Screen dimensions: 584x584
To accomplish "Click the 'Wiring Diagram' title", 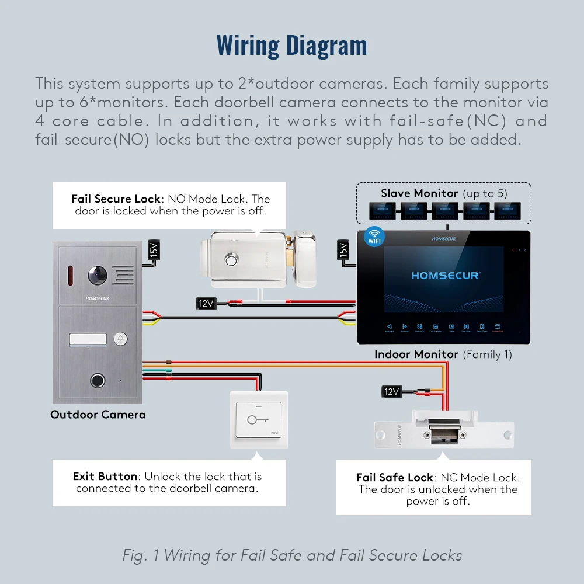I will (291, 45).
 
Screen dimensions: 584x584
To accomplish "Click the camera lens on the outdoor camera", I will (97, 274).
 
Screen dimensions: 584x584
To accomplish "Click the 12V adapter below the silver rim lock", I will (206, 303).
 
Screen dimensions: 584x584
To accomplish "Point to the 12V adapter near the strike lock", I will (391, 391).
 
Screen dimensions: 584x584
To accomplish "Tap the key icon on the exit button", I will (258, 419).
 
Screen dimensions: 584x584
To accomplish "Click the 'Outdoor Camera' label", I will (98, 415).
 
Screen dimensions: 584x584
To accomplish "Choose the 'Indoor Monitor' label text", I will (416, 354).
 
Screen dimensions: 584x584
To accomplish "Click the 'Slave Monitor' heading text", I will (419, 193).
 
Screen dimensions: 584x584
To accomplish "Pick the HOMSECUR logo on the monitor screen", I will (445, 275).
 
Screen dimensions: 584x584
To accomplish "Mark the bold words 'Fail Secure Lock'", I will (116, 199).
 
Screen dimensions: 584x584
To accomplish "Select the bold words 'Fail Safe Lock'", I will (395, 477).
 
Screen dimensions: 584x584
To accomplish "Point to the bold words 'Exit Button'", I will (105, 477).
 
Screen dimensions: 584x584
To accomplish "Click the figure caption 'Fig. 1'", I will (141, 555).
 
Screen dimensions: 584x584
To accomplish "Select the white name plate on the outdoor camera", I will (88, 340).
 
